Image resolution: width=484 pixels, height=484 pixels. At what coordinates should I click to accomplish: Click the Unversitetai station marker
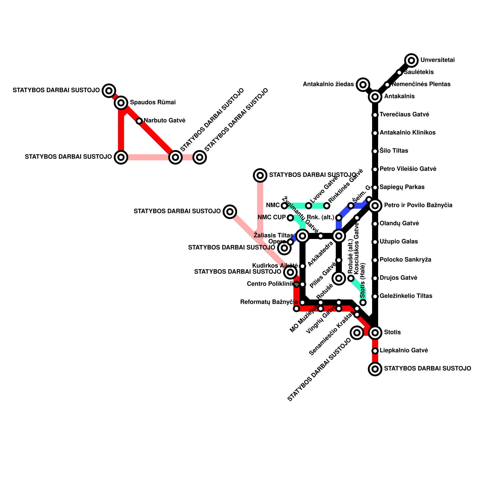[411, 60]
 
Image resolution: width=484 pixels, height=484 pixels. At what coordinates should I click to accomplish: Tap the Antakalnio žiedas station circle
[363, 85]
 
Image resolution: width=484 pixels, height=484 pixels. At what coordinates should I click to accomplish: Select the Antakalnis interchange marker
[375, 97]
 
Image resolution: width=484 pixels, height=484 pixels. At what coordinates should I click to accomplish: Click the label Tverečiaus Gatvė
[404, 115]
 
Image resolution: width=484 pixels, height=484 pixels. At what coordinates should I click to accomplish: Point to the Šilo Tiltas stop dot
[375, 151]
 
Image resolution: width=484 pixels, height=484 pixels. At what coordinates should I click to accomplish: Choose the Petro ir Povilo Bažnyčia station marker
[375, 206]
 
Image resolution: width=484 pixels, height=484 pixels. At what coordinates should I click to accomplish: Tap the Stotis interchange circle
[375, 333]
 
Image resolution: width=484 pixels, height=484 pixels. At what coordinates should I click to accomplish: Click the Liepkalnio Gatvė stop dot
[375, 351]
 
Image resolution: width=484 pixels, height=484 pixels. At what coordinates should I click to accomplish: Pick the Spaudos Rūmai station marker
[121, 103]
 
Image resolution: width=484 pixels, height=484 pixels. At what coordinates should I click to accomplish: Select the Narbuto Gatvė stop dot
[139, 121]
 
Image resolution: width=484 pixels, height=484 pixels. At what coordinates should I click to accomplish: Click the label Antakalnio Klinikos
[407, 133]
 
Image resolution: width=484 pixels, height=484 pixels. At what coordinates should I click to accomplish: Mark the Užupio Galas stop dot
[375, 242]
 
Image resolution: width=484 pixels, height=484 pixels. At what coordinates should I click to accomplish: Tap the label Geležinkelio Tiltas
[406, 296]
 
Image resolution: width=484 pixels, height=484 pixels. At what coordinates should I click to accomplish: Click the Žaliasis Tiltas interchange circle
[302, 236]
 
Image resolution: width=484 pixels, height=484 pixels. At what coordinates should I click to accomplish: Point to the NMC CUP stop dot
[290, 218]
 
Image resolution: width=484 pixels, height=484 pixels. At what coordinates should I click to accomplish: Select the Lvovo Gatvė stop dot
[309, 206]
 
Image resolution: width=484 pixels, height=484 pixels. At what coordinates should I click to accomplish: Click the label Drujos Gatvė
[398, 278]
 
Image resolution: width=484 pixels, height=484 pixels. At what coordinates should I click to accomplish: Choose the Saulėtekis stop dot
[399, 73]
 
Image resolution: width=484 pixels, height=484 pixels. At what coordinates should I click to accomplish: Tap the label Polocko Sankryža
[405, 260]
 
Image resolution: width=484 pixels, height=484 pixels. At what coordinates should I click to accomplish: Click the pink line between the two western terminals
[148, 157]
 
